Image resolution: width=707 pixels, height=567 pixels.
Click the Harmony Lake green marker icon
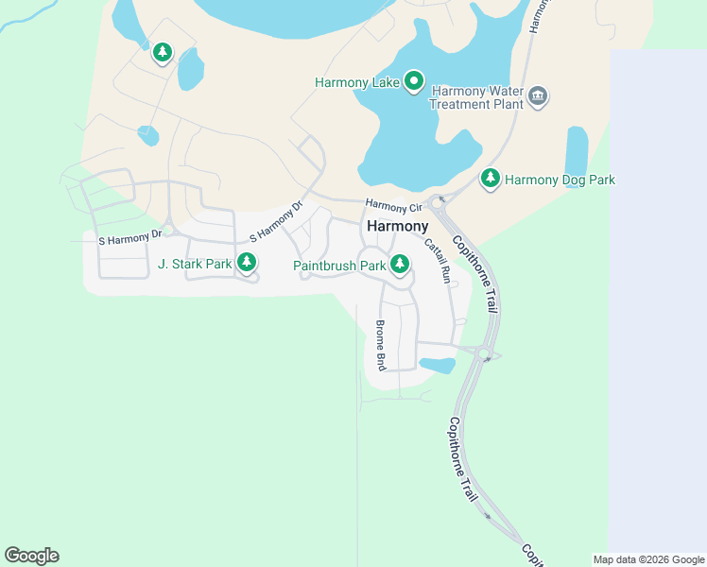[414, 81]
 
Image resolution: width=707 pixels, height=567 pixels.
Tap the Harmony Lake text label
[357, 82]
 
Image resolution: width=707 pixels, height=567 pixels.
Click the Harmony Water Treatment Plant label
[476, 97]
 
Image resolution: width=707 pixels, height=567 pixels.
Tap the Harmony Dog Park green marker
[490, 177]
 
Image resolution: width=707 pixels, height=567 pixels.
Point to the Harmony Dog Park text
[560, 179]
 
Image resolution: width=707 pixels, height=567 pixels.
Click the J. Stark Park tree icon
[246, 262]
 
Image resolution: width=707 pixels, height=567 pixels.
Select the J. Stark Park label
[195, 264]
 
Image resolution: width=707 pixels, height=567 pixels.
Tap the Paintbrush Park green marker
[400, 264]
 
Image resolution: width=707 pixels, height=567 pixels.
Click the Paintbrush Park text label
[339, 266]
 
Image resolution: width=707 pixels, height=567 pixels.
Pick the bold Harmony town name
[397, 227]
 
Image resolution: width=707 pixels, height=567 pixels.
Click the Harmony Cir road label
[393, 206]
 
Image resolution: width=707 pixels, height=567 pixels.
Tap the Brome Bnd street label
[381, 344]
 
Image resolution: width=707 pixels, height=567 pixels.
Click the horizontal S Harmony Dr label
[130, 240]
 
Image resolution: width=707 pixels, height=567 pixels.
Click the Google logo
[31, 556]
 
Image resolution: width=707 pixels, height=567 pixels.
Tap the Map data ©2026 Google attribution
[648, 559]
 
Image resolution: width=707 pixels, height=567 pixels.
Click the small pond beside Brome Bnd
[437, 365]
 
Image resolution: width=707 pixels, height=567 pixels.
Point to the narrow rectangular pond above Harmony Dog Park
[577, 150]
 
